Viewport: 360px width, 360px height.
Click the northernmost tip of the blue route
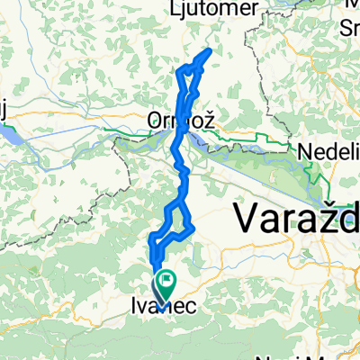210,49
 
